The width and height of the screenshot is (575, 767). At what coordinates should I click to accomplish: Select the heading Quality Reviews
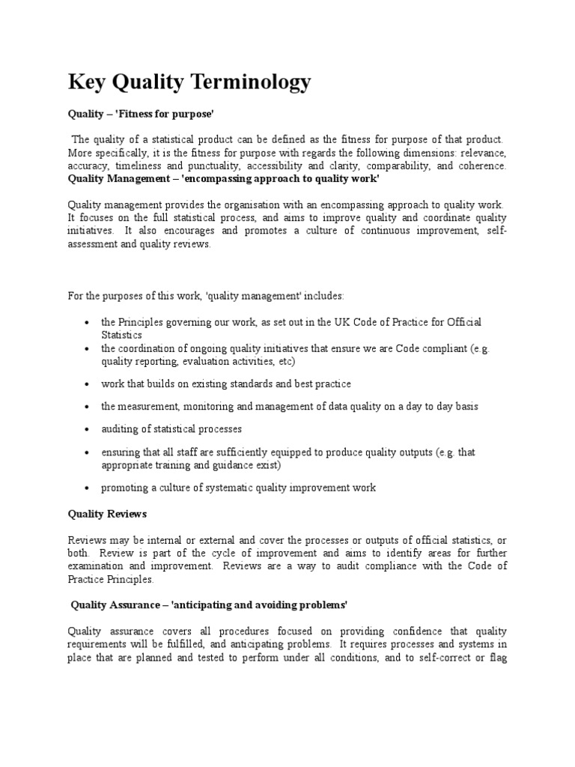click(107, 515)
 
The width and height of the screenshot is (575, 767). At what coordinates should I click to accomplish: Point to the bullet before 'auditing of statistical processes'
click(88, 430)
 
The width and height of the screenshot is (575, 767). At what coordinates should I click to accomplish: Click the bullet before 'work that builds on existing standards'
click(88, 383)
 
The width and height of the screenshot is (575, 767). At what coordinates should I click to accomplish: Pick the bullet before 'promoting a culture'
click(88, 488)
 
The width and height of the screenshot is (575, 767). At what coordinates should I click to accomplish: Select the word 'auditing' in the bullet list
click(120, 429)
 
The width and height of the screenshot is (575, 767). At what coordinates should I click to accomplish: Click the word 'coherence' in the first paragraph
click(484, 166)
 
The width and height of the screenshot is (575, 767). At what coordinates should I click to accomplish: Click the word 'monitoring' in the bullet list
click(197, 406)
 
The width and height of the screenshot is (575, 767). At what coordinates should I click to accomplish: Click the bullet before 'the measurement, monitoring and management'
click(88, 407)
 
